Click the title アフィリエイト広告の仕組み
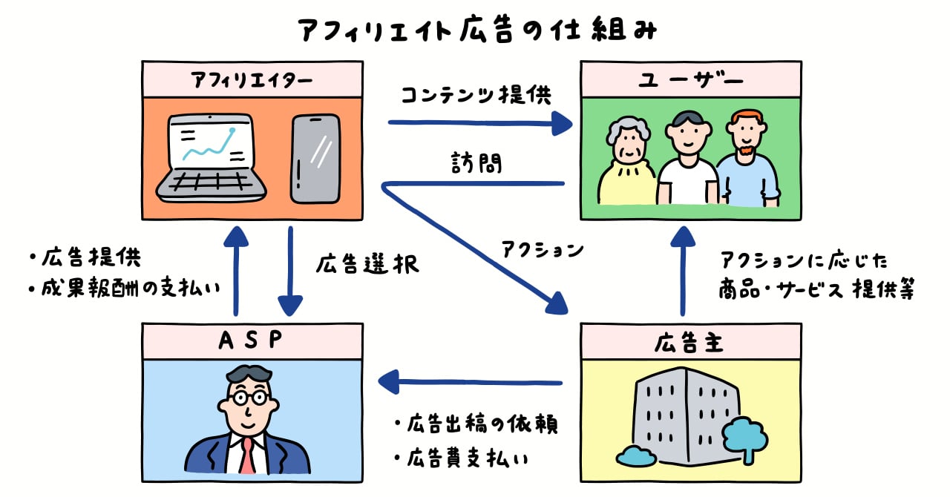tap(476, 31)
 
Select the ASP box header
tap(252, 341)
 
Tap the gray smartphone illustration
tap(315, 159)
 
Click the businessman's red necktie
tap(247, 455)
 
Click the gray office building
tap(679, 415)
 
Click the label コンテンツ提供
tap(476, 96)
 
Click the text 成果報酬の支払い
tap(132, 288)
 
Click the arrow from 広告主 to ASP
tap(471, 383)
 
